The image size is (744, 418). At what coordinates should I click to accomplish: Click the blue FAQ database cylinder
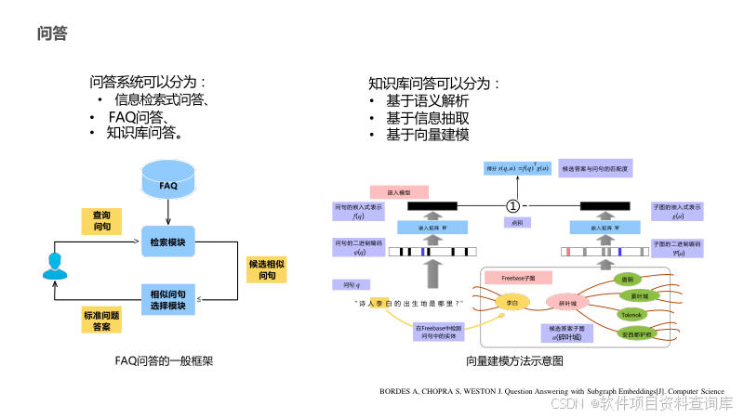167,184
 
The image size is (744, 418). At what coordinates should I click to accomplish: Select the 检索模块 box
167,242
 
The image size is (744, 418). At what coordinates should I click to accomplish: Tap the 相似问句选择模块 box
167,299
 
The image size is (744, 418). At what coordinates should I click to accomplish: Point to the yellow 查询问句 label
101,221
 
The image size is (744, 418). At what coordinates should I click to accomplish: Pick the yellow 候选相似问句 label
267,270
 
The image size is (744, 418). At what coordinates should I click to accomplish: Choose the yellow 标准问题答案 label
101,321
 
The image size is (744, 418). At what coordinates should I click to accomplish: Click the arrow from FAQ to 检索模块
167,215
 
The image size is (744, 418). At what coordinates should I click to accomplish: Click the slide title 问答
52,34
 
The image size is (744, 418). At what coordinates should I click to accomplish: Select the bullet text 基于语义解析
427,101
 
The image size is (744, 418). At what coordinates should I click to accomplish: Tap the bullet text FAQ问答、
138,116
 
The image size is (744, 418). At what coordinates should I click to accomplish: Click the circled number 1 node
512,204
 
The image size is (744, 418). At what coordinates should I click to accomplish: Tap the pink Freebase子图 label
518,278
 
